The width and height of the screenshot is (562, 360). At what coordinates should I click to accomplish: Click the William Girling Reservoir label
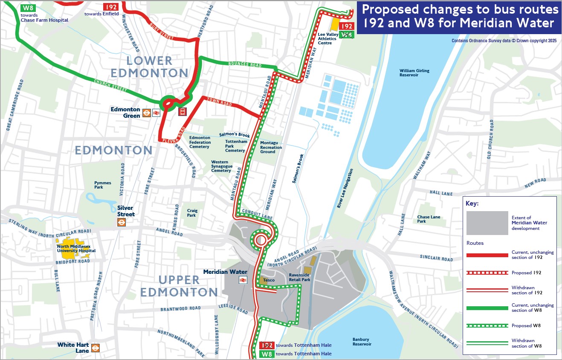pyautogui.click(x=414, y=73)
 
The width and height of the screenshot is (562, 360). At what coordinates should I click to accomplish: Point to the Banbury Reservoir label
pyautogui.click(x=362, y=342)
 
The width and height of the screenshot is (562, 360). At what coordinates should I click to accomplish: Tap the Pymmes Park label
pyautogui.click(x=102, y=185)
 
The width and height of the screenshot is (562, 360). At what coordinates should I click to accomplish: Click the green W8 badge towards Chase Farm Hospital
pyautogui.click(x=27, y=7)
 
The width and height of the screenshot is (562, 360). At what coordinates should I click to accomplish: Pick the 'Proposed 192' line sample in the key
pyautogui.click(x=487, y=273)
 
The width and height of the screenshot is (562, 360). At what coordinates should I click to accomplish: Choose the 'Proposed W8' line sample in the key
pyautogui.click(x=487, y=325)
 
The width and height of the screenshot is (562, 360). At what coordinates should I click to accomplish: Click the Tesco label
pyautogui.click(x=269, y=280)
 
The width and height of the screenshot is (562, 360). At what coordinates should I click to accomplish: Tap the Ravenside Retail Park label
pyautogui.click(x=299, y=277)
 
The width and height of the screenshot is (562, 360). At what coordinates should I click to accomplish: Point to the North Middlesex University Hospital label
pyautogui.click(x=77, y=248)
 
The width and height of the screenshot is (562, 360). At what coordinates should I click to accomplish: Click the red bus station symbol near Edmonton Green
pyautogui.click(x=182, y=112)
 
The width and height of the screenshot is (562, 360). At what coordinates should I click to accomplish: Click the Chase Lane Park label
pyautogui.click(x=429, y=219)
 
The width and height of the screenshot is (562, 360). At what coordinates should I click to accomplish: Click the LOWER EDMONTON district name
pyautogui.click(x=149, y=67)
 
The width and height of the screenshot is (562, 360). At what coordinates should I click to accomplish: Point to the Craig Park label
pyautogui.click(x=192, y=213)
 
